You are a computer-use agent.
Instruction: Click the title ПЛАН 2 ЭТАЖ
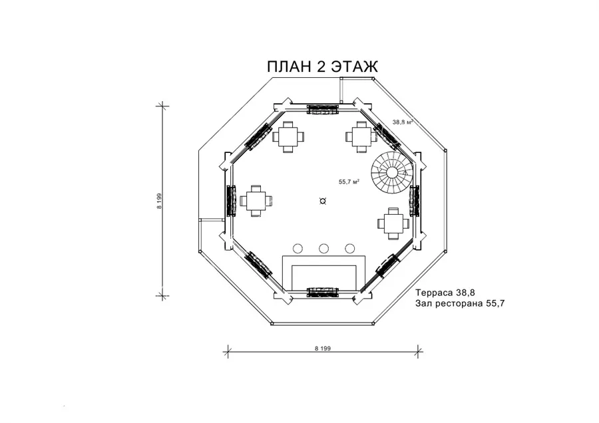coord(322,67)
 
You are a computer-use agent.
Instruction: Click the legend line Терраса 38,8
coord(445,293)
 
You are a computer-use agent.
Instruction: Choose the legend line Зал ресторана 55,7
coord(461,304)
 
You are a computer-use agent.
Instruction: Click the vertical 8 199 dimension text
coord(159,201)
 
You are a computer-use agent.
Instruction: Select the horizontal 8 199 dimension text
coord(323,348)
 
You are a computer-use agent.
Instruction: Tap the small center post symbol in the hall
coord(323,201)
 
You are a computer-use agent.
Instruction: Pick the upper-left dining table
coord(288,136)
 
